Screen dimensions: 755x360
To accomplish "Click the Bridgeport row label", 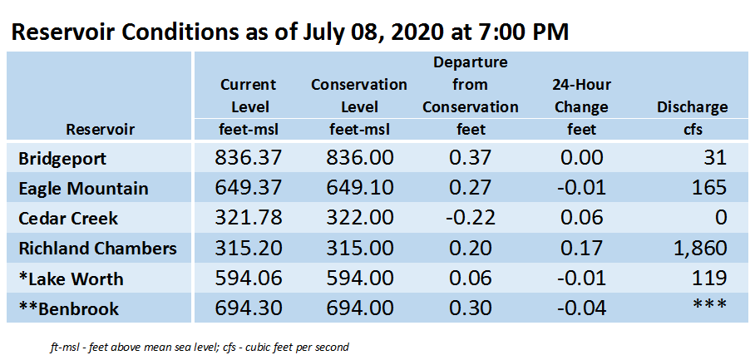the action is pyautogui.click(x=62, y=159).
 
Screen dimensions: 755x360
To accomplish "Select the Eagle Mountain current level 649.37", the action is pyautogui.click(x=249, y=188).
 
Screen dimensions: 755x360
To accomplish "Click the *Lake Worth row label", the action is pyautogui.click(x=71, y=279).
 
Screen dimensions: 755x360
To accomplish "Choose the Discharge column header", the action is pyautogui.click(x=693, y=107).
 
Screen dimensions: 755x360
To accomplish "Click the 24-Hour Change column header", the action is pyautogui.click(x=582, y=96).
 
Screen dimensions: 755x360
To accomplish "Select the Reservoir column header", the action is pyautogui.click(x=100, y=130).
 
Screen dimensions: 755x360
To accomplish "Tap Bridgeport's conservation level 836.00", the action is pyautogui.click(x=360, y=158).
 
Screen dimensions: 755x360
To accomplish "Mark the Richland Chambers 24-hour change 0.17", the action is pyautogui.click(x=581, y=249).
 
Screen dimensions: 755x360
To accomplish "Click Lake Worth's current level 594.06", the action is pyautogui.click(x=249, y=279).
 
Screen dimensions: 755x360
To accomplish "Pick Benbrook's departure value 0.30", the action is pyautogui.click(x=470, y=308).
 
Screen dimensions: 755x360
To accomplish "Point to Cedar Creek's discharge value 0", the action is pyautogui.click(x=721, y=218).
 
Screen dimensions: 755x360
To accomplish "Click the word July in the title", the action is pyautogui.click(x=321, y=32).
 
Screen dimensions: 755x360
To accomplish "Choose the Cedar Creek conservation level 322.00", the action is pyautogui.click(x=360, y=218).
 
